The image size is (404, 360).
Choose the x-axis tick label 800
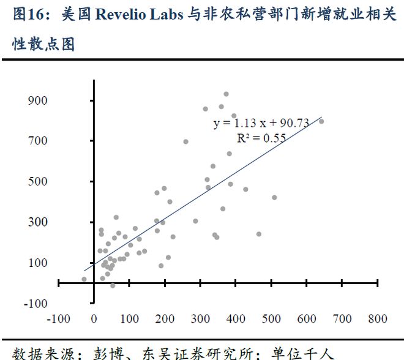(378, 318)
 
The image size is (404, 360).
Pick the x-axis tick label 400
(236, 318)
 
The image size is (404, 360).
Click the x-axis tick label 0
(94, 318)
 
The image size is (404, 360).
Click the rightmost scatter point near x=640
(321, 121)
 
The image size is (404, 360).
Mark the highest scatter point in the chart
(226, 94)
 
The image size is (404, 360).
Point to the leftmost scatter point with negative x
(84, 279)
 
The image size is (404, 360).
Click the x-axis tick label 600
(307, 318)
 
